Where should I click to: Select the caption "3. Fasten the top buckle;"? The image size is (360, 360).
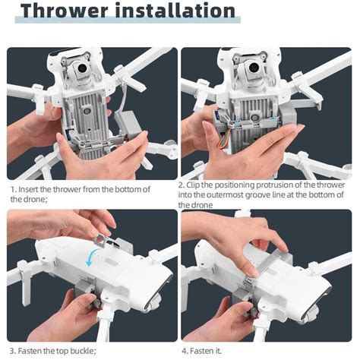[52, 350]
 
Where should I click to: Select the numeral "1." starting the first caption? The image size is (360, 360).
[14, 188]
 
